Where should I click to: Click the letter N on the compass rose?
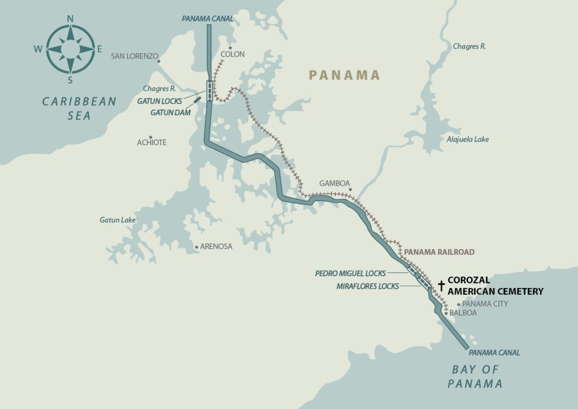pyautogui.click(x=71, y=18)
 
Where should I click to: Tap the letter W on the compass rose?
pyautogui.click(x=38, y=49)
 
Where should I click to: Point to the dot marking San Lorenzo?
pyautogui.click(x=159, y=61)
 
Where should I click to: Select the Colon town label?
pyautogui.click(x=233, y=54)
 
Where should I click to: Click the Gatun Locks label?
pyautogui.click(x=159, y=101)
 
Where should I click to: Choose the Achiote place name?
pyautogui.click(x=152, y=142)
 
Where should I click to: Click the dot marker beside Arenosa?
pyautogui.click(x=196, y=247)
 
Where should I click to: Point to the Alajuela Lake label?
pyautogui.click(x=467, y=139)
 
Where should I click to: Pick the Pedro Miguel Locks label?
pyautogui.click(x=351, y=273)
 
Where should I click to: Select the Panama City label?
pyautogui.click(x=485, y=304)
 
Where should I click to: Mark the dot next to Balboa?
pyautogui.click(x=446, y=313)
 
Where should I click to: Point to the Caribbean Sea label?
pyautogui.click(x=80, y=108)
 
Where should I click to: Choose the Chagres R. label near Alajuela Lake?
pyautogui.click(x=469, y=46)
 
